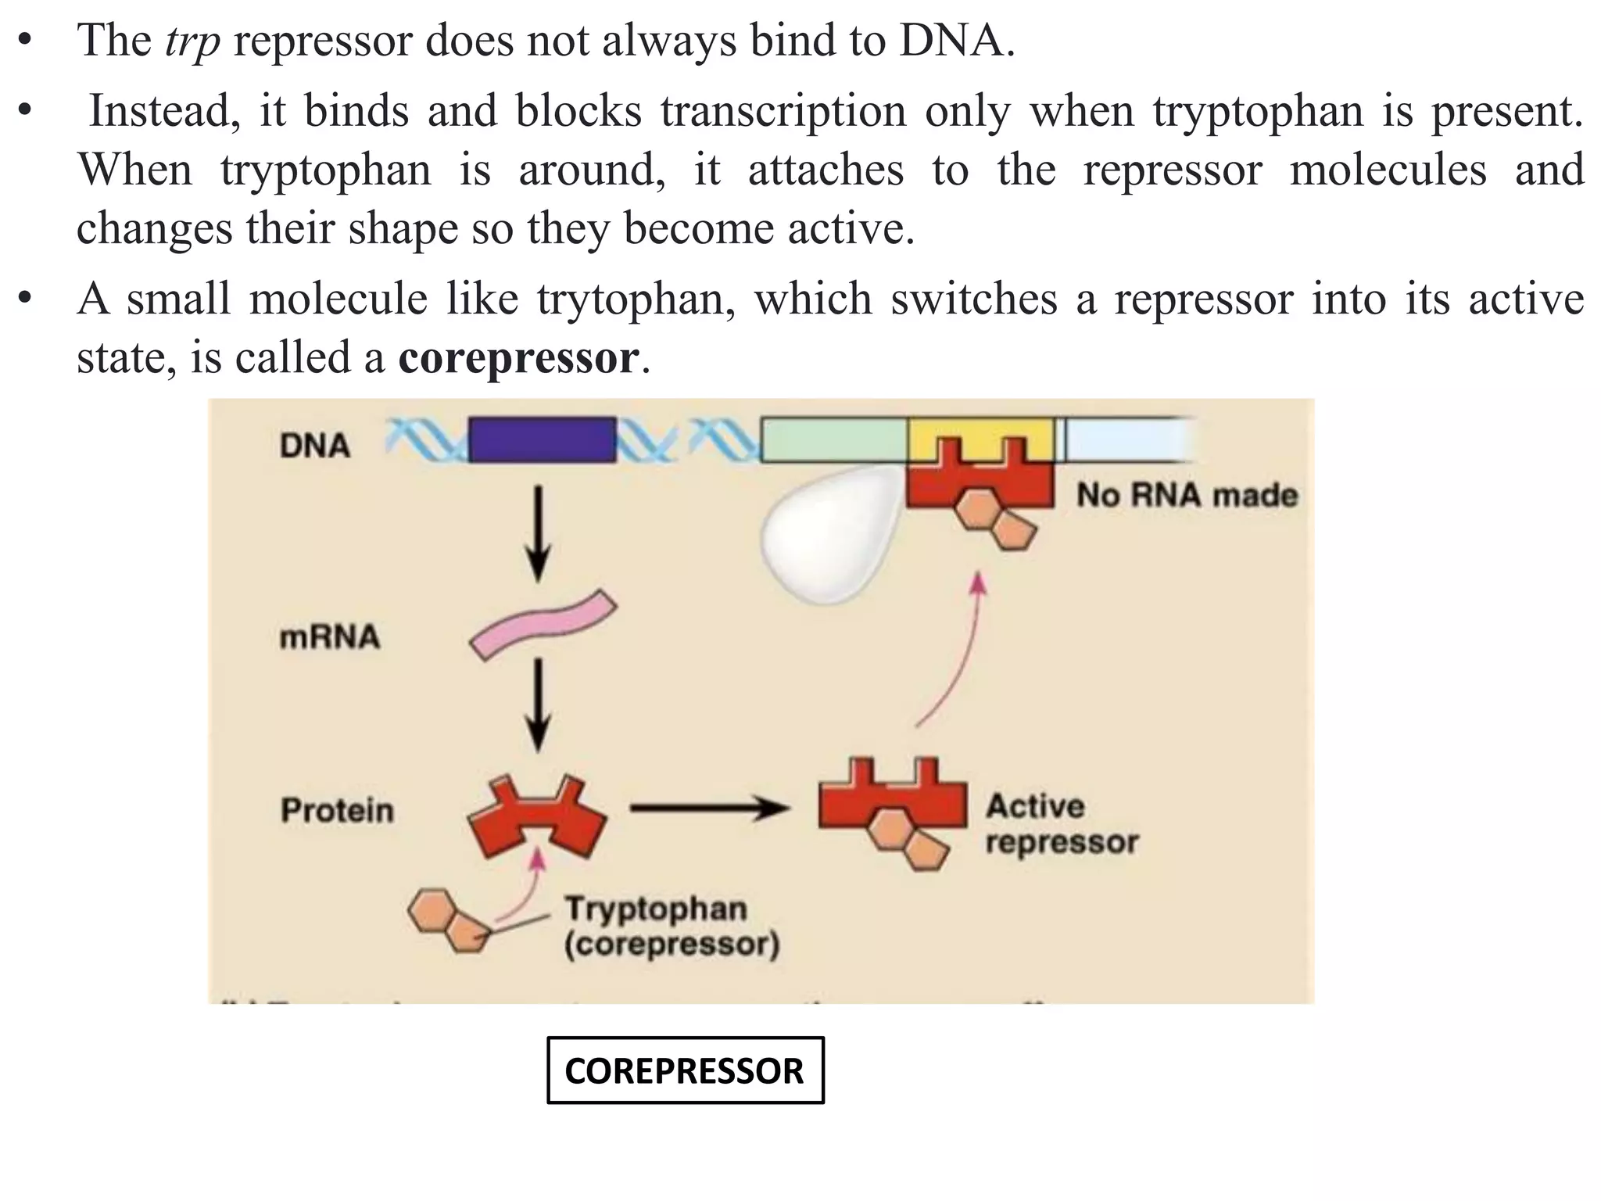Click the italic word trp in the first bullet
pos(192,41)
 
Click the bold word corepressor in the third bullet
pos(518,359)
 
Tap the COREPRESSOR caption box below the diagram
pos(685,1070)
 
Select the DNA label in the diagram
pos(315,446)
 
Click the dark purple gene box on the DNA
pos(542,440)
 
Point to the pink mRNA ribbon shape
pos(543,626)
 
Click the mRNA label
pos(329,636)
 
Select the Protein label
pos(337,810)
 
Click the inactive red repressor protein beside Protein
pos(536,818)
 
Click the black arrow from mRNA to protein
pos(538,704)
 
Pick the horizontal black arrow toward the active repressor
pos(707,808)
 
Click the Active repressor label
pos(1061,824)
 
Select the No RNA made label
pos(1187,495)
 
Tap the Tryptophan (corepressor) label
pos(671,927)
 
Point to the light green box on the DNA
pos(833,439)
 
